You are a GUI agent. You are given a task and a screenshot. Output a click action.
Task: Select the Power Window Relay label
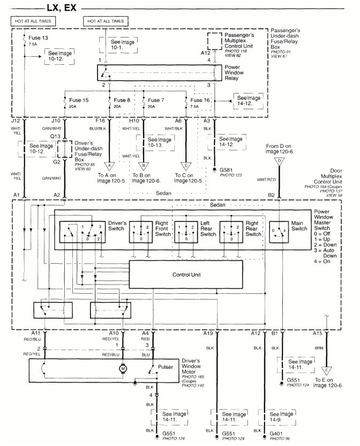(x=241, y=72)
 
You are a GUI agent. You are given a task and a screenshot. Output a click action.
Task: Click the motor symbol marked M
(x=123, y=369)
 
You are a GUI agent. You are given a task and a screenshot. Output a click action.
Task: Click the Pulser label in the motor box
(x=166, y=367)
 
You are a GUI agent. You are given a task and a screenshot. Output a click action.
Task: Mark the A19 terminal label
(x=208, y=333)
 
